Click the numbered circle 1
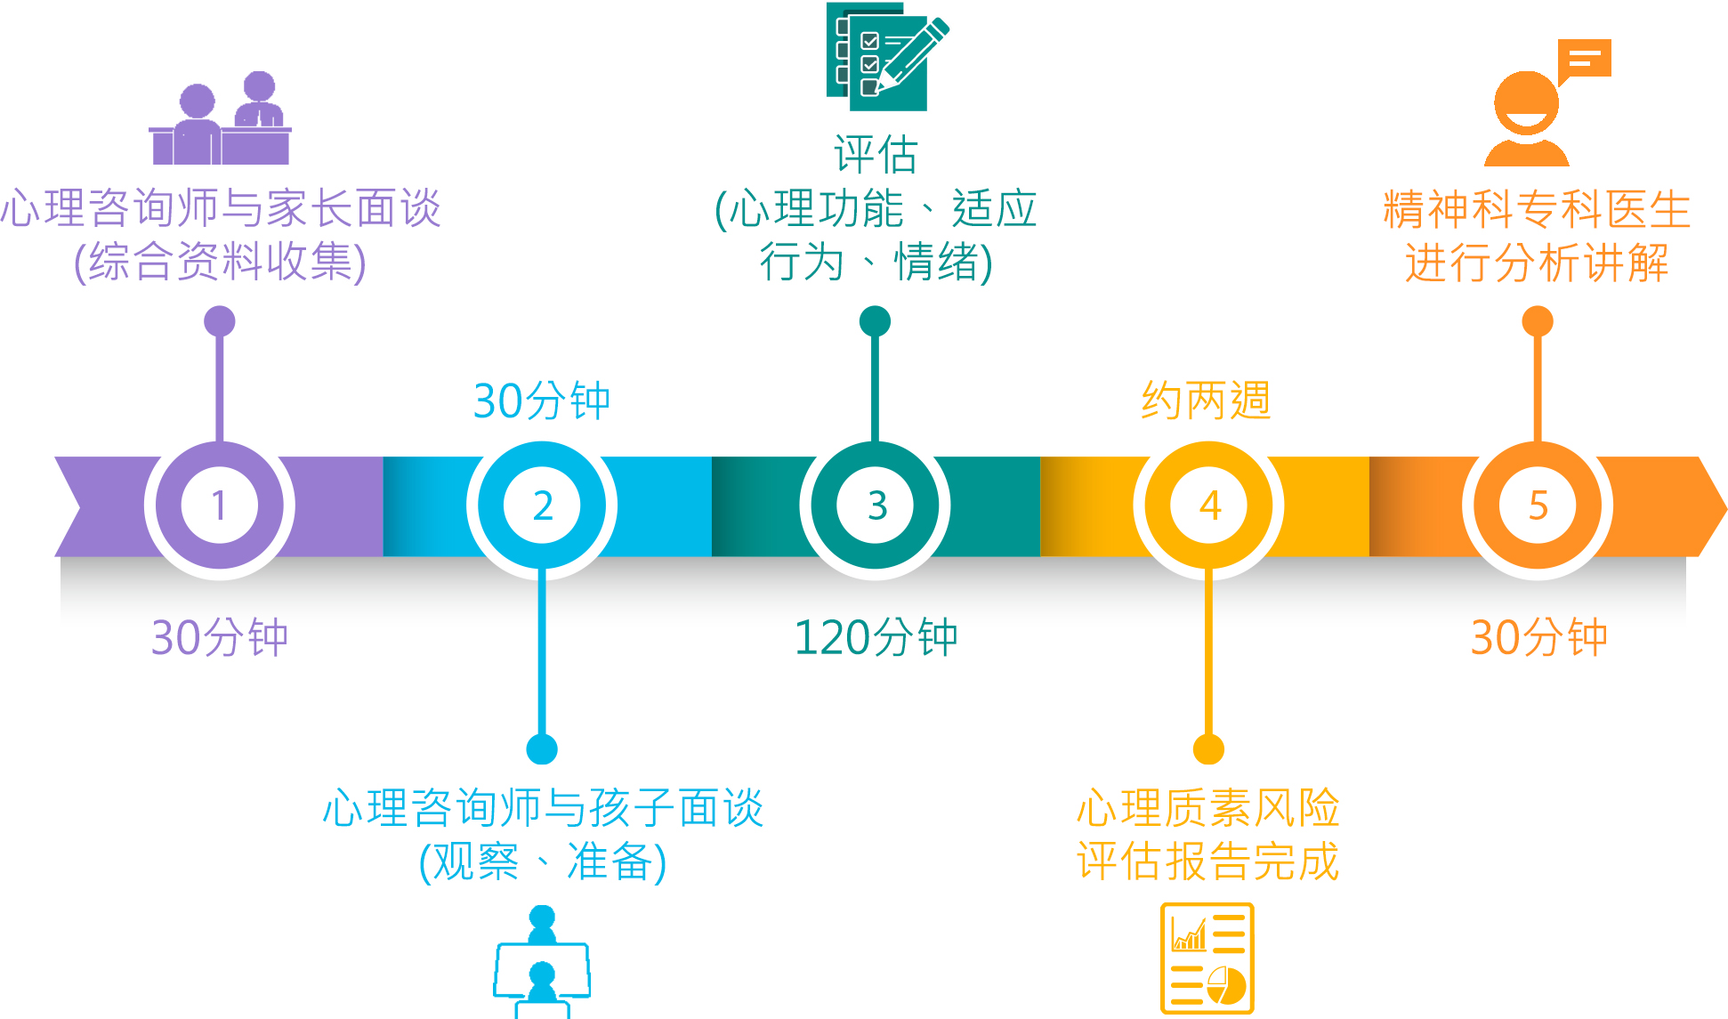(x=219, y=505)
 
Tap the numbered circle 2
(x=542, y=505)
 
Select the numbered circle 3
(x=876, y=505)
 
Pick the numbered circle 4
(x=1208, y=505)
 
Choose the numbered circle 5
(x=1538, y=505)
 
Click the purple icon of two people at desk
(x=220, y=118)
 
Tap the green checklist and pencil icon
(x=887, y=56)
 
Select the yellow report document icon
(x=1207, y=958)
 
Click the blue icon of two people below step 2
(x=542, y=962)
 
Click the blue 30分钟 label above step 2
(x=542, y=400)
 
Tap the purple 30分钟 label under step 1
(x=220, y=637)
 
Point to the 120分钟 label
(x=876, y=637)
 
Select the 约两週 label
(x=1207, y=400)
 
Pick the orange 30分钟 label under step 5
(x=1539, y=637)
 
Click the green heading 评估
(x=876, y=155)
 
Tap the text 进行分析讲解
(x=1538, y=263)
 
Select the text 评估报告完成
(x=1208, y=861)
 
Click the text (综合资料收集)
(x=220, y=263)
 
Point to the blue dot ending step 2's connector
(x=542, y=748)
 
